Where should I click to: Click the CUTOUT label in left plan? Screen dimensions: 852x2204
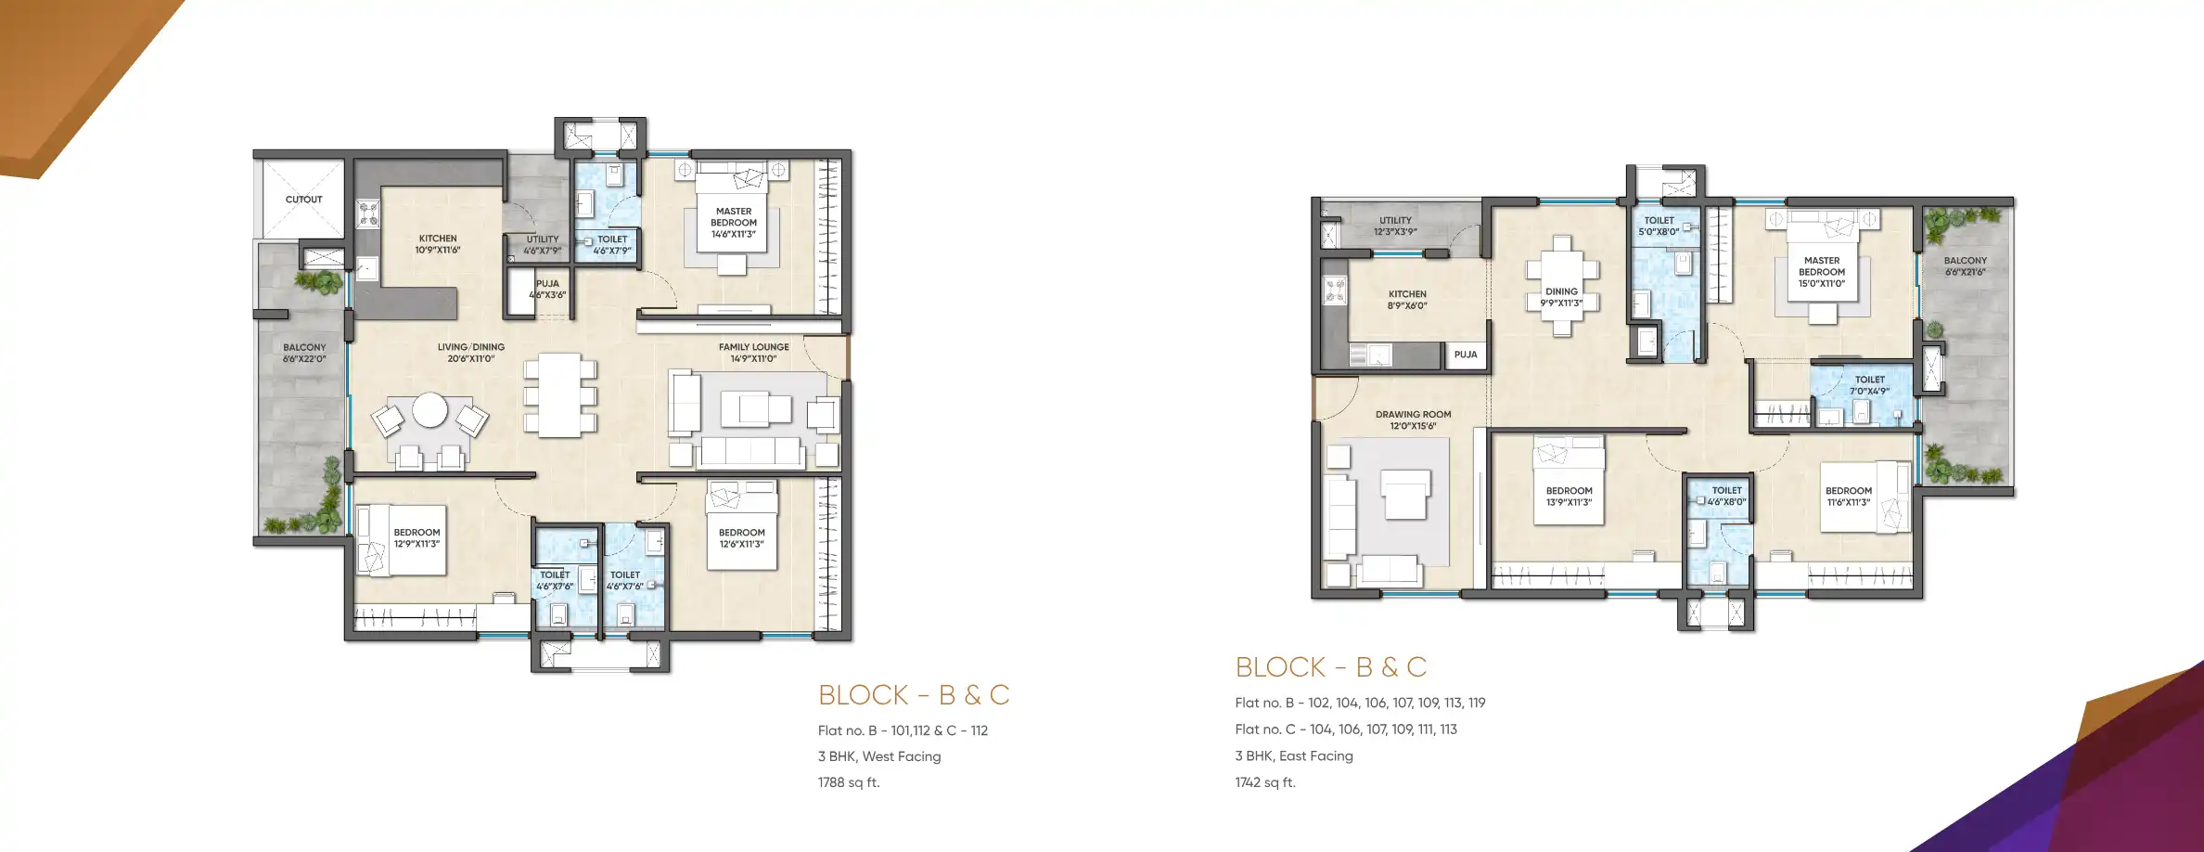pyautogui.click(x=303, y=200)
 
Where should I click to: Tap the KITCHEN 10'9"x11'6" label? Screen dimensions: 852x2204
pyautogui.click(x=438, y=244)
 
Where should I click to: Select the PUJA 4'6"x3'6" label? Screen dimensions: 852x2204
pyautogui.click(x=547, y=290)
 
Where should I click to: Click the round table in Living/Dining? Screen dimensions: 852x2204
pyautogui.click(x=429, y=410)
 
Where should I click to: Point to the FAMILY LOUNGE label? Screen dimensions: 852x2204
pyautogui.click(x=753, y=353)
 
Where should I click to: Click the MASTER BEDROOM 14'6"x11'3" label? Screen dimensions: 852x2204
pyautogui.click(x=733, y=223)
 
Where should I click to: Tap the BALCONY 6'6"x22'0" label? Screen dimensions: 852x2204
pyautogui.click(x=304, y=353)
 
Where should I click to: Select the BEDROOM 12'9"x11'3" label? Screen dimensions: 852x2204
pyautogui.click(x=416, y=538)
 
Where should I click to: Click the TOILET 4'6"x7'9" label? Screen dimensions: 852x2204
pyautogui.click(x=612, y=244)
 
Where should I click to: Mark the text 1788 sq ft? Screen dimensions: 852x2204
pyautogui.click(x=849, y=782)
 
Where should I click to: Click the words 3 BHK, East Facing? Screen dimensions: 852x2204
pyautogui.click(x=1293, y=755)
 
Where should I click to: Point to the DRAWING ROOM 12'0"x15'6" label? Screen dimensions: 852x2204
pyautogui.click(x=1413, y=420)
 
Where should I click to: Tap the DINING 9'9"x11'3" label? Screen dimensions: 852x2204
pyautogui.click(x=1561, y=297)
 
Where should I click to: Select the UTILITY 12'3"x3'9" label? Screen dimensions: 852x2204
pyautogui.click(x=1395, y=226)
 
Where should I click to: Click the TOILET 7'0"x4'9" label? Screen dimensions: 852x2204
pyautogui.click(x=1869, y=385)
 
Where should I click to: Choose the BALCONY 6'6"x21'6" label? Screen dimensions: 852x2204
pyautogui.click(x=1965, y=266)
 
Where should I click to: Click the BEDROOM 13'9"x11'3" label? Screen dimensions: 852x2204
pyautogui.click(x=1569, y=497)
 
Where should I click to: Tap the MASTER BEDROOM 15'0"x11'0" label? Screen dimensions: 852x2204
pyautogui.click(x=1821, y=272)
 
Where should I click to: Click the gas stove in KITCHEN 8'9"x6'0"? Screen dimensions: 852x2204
pyautogui.click(x=1335, y=290)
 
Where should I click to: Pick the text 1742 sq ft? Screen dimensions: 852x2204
pyautogui.click(x=1265, y=782)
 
